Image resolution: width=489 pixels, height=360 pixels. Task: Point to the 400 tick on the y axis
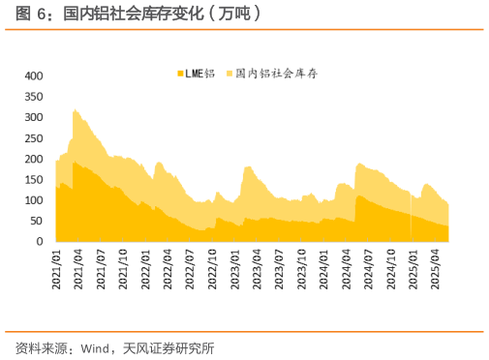click(33, 75)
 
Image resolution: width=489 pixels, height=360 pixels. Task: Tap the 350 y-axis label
click(33, 97)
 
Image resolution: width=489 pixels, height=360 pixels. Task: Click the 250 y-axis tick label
click(33, 138)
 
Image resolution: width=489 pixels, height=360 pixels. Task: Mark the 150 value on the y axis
click(33, 180)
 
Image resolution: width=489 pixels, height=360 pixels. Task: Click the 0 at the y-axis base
click(40, 242)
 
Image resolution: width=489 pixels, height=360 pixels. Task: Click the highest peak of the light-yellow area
click(75, 110)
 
